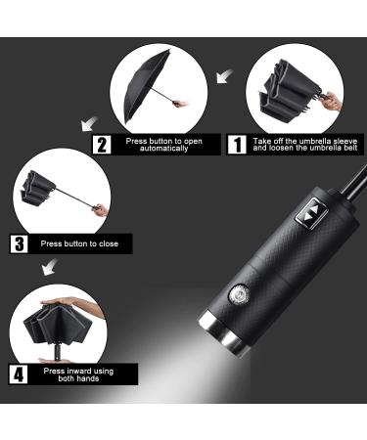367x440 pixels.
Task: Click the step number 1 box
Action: [x=237, y=145]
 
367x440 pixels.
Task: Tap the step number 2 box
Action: [x=102, y=145]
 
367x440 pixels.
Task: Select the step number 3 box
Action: [x=20, y=243]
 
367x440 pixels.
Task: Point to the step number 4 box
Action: [x=19, y=374]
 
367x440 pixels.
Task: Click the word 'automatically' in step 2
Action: [x=164, y=149]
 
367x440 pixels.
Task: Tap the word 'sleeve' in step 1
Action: [x=345, y=141]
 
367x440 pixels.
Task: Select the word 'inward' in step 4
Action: [x=80, y=371]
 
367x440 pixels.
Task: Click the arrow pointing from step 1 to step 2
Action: [x=224, y=76]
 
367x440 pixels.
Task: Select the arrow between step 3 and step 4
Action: [x=50, y=267]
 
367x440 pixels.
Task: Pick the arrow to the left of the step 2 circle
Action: [x=89, y=124]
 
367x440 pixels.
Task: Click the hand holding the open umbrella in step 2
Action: [x=181, y=104]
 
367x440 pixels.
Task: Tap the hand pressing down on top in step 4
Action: [x=78, y=306]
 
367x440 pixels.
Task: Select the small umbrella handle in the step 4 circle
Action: [x=58, y=352]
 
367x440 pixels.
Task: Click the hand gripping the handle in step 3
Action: [x=101, y=209]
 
